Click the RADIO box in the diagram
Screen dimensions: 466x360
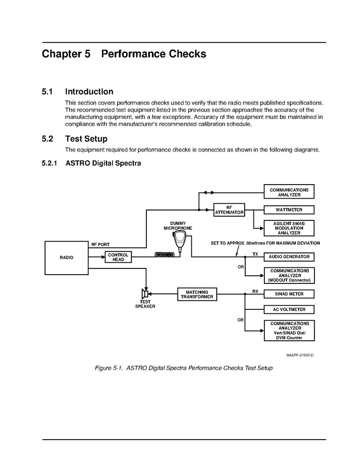click(66, 257)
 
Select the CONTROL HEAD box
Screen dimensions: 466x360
click(118, 257)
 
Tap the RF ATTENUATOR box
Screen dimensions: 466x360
click(229, 210)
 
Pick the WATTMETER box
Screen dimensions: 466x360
click(289, 210)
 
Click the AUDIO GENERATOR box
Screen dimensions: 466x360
click(289, 257)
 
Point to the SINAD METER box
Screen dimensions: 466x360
click(289, 294)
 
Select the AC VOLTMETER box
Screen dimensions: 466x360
click(289, 309)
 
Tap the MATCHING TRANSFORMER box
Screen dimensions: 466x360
click(197, 294)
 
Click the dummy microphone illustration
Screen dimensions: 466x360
click(179, 240)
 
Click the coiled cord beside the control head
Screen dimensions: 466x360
click(165, 254)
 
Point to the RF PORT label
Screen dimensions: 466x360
click(100, 244)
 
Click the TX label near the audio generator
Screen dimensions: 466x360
click(255, 254)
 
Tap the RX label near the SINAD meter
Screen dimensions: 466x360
click(255, 291)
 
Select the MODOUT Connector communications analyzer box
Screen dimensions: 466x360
click(289, 275)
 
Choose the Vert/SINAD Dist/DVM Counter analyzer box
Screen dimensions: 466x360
click(289, 330)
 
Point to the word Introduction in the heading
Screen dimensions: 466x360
click(89, 92)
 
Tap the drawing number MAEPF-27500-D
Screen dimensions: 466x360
click(300, 355)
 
